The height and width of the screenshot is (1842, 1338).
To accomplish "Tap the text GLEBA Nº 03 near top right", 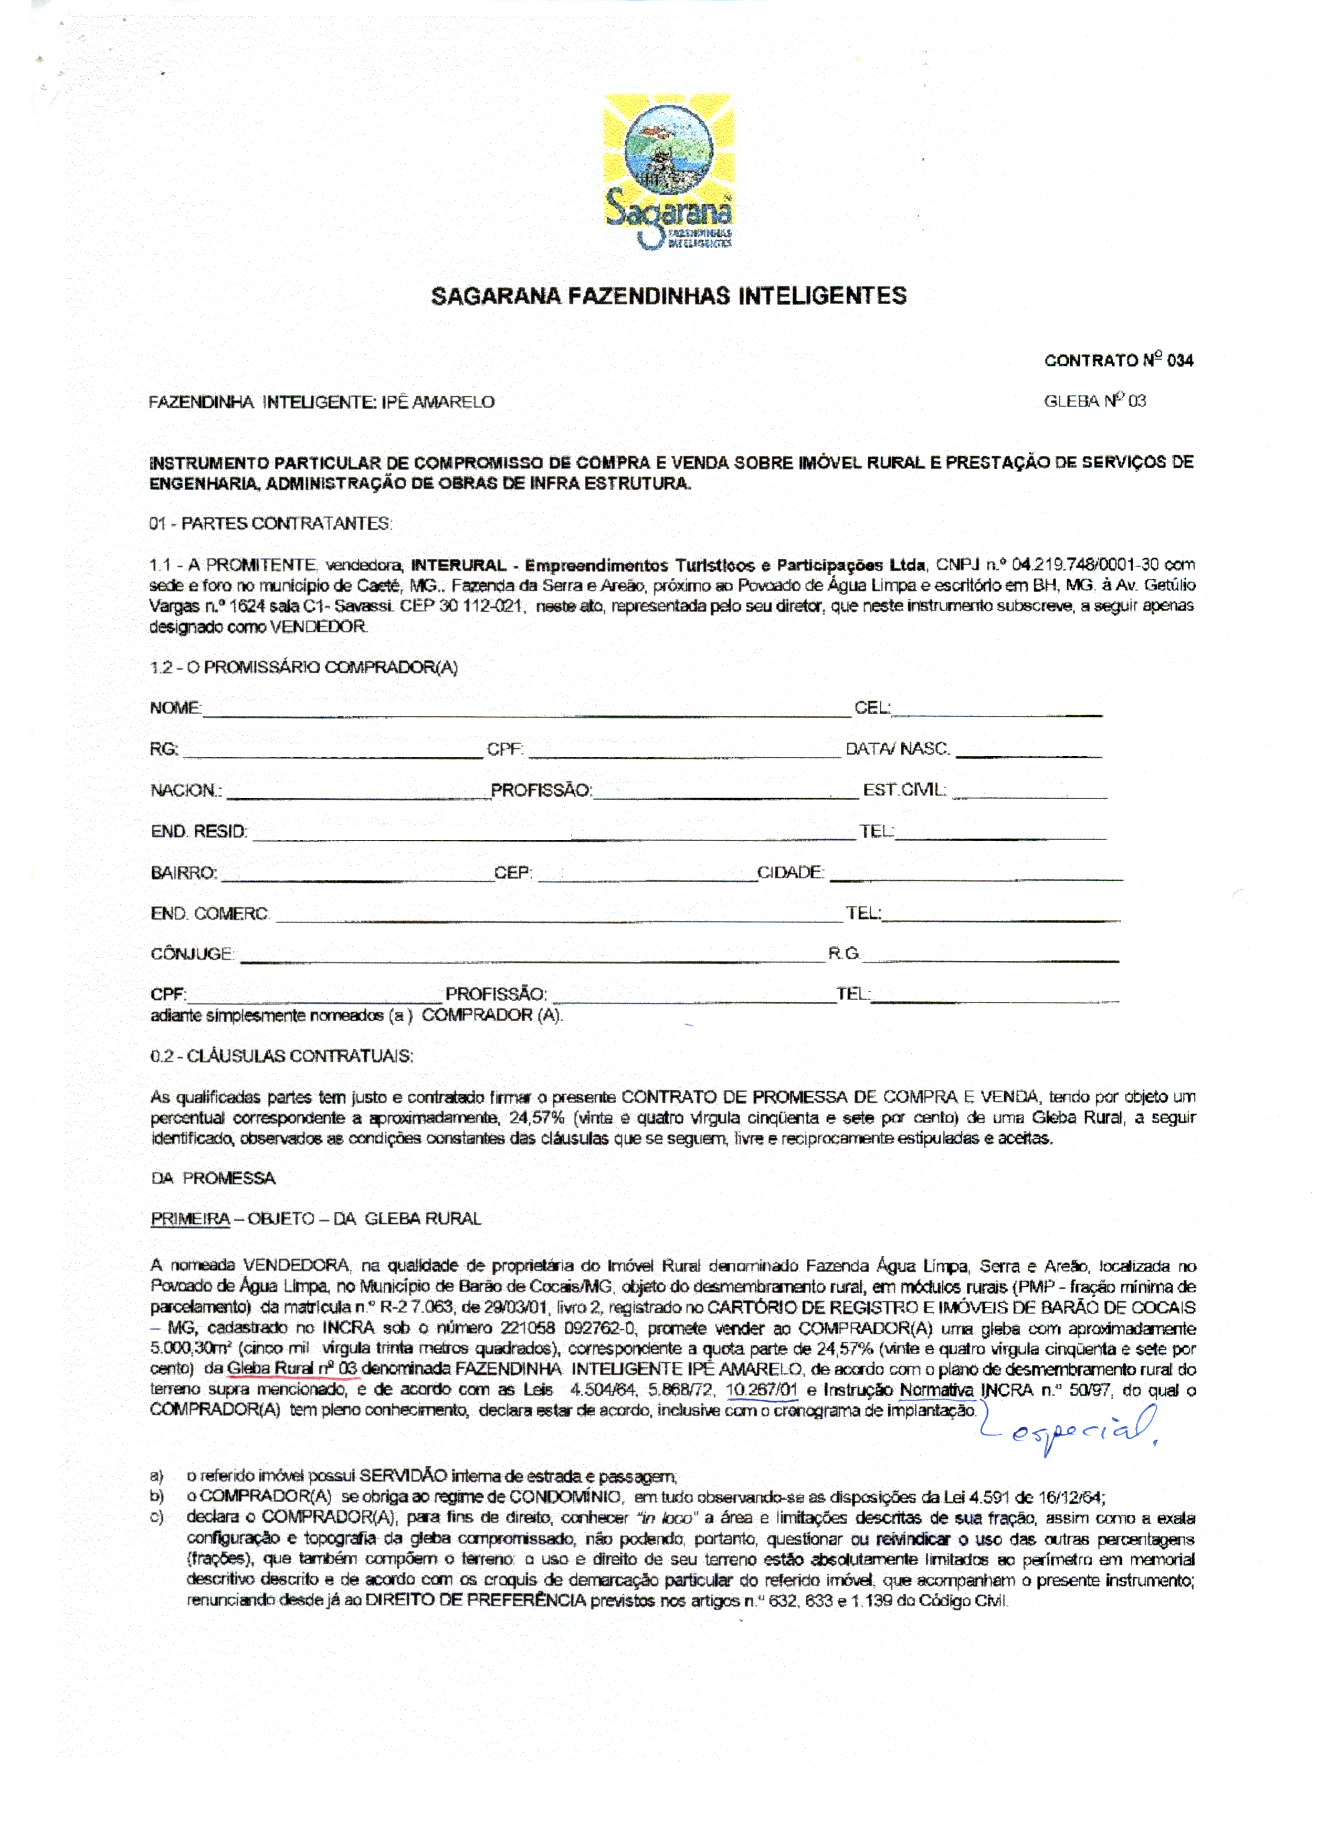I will coord(1094,401).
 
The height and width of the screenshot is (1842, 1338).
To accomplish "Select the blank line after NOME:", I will coord(526,710).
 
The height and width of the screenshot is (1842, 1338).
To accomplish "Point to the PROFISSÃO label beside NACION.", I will coord(541,790).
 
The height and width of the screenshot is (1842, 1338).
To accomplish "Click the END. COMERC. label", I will coord(209,914).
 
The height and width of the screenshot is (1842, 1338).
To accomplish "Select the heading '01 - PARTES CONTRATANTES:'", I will coord(270,524).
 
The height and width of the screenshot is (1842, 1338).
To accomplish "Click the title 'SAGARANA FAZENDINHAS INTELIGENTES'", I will coord(668,295).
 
